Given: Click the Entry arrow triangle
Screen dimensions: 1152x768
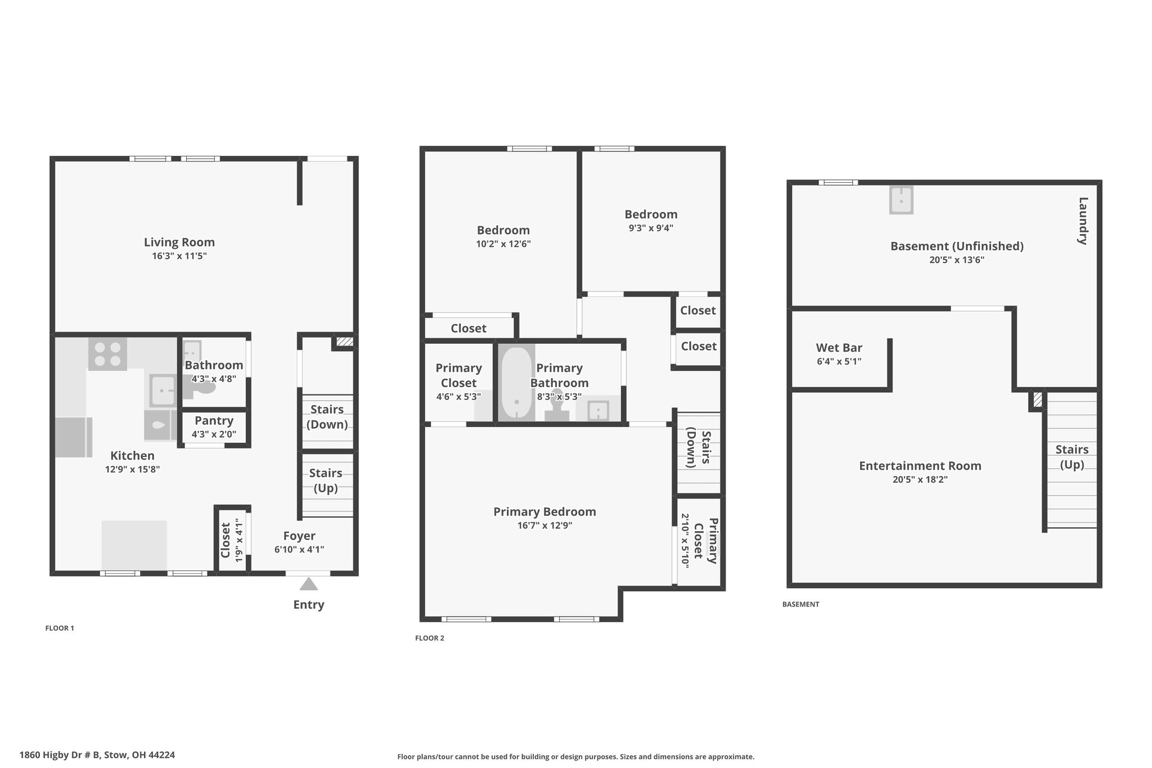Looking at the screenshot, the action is [308, 584].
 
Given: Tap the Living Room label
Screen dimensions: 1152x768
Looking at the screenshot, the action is [179, 242].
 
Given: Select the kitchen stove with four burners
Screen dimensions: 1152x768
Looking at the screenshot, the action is [107, 354].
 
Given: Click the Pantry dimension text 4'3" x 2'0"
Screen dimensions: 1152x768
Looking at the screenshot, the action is [214, 434].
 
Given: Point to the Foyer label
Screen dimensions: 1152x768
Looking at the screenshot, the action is [299, 536].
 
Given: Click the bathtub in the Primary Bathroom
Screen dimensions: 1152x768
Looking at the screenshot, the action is [516, 383].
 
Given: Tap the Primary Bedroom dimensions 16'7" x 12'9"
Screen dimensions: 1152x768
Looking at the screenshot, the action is [544, 526].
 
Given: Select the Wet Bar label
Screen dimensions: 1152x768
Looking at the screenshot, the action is [839, 348].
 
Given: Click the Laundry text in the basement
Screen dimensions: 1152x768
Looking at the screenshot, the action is [1083, 221].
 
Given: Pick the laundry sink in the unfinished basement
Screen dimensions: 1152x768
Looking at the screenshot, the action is [901, 200].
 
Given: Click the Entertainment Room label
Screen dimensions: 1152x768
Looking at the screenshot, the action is [920, 466].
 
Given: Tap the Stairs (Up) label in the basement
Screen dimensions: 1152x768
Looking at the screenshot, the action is [1072, 457].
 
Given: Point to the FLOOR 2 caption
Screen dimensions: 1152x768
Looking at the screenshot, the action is [430, 638].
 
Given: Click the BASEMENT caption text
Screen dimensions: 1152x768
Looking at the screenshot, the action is [801, 604].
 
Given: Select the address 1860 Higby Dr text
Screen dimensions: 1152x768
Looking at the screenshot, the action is [97, 755].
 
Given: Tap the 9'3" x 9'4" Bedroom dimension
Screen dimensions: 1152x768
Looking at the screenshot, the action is [651, 228].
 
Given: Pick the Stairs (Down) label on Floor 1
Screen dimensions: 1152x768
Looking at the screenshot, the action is [327, 417].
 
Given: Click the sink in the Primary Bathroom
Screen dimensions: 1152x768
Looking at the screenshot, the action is [597, 410].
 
